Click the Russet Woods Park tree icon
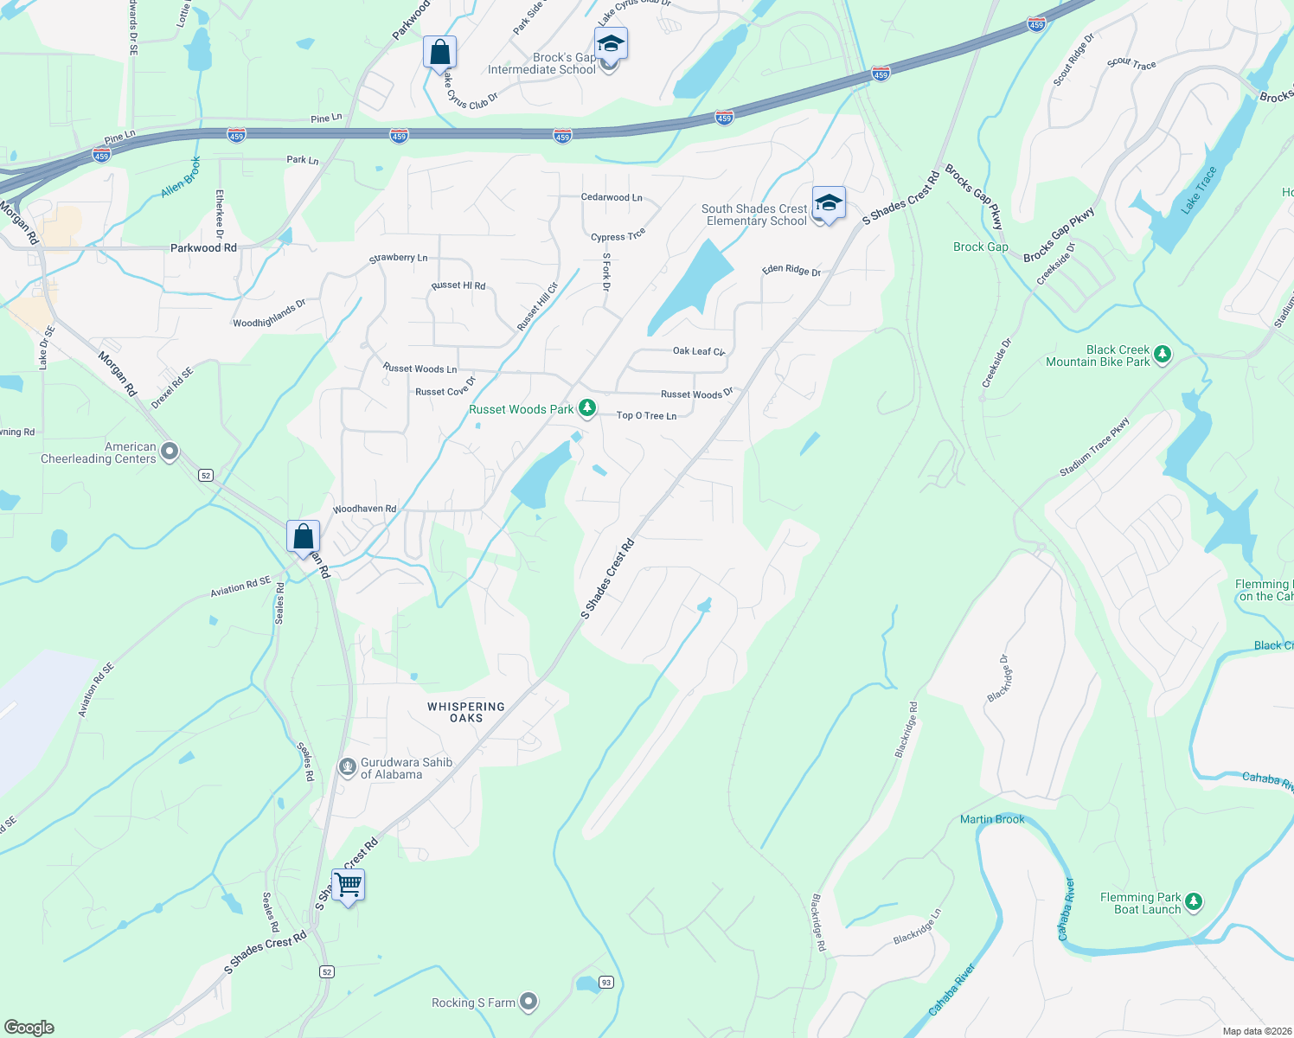[x=587, y=408]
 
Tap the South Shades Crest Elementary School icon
[x=828, y=204]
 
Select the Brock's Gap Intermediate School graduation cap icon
[x=611, y=43]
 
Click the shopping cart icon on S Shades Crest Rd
[x=348, y=886]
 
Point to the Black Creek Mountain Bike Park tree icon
[x=1163, y=354]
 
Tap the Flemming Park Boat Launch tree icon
[x=1194, y=902]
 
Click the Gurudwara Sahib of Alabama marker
[x=347, y=766]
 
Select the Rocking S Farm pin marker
[x=528, y=1002]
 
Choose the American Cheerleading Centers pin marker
[x=170, y=452]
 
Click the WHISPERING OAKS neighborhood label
[x=466, y=712]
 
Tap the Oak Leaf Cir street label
[x=699, y=351]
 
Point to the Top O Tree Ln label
[x=646, y=416]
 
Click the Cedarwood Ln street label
[x=612, y=197]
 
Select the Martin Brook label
[x=992, y=819]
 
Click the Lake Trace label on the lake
[x=1199, y=190]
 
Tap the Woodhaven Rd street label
[x=364, y=509]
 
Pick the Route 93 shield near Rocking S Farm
[x=606, y=982]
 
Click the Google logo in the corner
[x=29, y=1027]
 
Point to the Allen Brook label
[x=181, y=177]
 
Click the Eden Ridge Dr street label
[x=791, y=271]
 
